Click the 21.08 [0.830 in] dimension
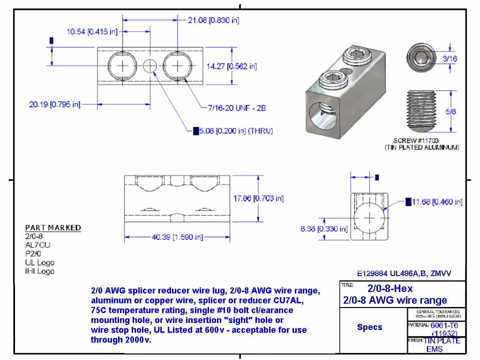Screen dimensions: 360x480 213,20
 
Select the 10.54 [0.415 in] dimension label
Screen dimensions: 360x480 92,31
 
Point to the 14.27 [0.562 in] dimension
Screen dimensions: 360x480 231,66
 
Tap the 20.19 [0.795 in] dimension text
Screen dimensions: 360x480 54,104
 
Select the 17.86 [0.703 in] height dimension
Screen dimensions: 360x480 258,198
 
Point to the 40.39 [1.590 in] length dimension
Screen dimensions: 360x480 177,237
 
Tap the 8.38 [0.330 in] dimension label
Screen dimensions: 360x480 324,229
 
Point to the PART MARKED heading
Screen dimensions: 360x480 53,227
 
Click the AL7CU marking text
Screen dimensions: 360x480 37,245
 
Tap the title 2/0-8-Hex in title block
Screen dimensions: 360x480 390,288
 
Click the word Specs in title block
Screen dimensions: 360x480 369,327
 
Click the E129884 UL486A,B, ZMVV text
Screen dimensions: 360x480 404,273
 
